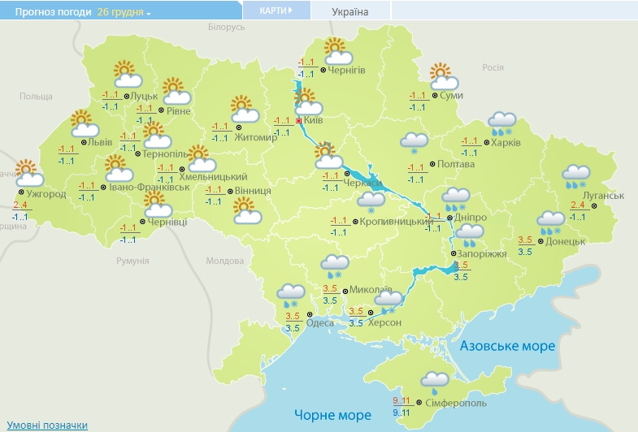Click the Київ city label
coord(314,121)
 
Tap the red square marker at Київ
coord(299,121)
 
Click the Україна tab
coord(350,11)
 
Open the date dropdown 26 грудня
coord(124,12)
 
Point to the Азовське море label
coord(507,346)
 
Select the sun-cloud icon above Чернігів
coord(336,52)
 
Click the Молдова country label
coord(224,261)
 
